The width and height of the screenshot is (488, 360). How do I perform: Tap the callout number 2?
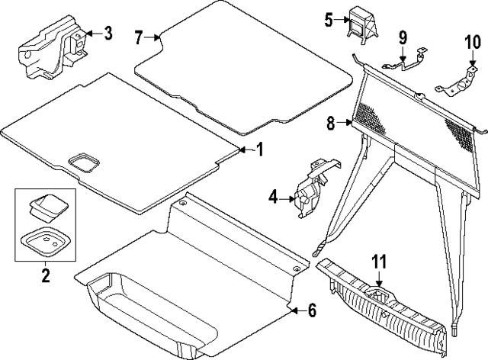coord(45,275)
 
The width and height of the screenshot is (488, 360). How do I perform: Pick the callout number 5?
coord(329,20)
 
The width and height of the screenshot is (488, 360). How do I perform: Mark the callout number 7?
coord(138,36)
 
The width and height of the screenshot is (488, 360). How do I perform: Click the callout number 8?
coord(332,123)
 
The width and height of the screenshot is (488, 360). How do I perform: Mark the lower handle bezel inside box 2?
coord(45,240)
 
